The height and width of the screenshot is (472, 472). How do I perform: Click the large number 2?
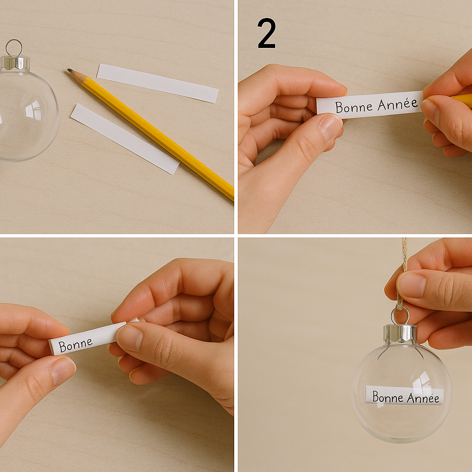coord(267,33)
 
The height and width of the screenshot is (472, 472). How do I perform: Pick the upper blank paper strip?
coord(158,83)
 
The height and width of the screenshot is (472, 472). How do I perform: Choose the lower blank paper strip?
coord(125,139)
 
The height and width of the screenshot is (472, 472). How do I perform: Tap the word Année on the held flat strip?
coord(398,105)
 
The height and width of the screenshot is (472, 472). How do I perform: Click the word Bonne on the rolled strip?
coord(76,345)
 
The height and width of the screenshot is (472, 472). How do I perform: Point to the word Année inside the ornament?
coord(423,398)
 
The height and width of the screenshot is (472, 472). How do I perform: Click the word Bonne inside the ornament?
coord(388,396)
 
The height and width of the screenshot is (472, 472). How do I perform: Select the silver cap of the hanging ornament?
coord(400,334)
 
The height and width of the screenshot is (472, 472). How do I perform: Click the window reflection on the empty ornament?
coord(33,109)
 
